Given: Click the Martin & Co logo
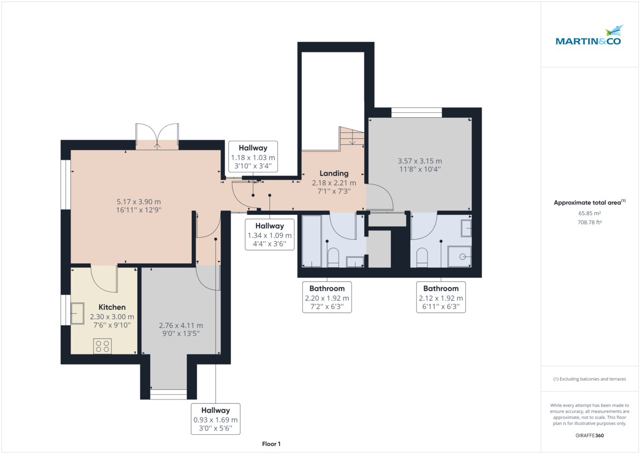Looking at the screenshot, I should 590,36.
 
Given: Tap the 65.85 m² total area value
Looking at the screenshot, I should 590,213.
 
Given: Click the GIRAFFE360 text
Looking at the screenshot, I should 590,435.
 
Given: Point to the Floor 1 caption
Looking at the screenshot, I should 271,444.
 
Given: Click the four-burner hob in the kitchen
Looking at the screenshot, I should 103,346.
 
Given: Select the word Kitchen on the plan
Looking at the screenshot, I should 112,307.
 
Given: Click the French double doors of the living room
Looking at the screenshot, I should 157,135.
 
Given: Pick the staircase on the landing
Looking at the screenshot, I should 351,137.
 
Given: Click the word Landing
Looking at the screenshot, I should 334,173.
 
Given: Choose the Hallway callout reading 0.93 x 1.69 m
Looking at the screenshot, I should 216,419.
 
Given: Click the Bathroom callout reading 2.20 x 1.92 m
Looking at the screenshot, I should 327,297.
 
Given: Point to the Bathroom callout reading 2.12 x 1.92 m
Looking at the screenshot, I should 441,297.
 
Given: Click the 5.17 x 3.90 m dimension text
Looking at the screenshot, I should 139,206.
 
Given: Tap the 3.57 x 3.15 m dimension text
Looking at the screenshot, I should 420,165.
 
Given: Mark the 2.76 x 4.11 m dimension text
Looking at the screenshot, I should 181,329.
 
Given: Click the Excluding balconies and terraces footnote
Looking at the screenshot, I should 590,379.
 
